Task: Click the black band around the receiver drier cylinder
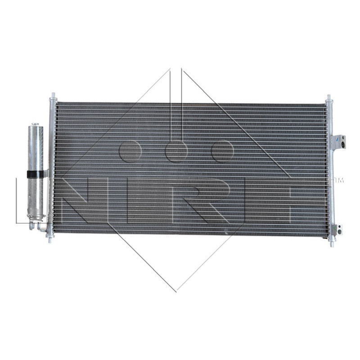click(36, 175)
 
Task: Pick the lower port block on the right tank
click(337, 229)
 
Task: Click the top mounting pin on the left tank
click(53, 96)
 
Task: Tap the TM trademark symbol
click(338, 180)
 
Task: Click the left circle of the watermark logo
click(130, 151)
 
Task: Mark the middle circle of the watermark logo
click(176, 151)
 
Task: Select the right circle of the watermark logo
click(222, 151)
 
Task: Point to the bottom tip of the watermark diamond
click(176, 291)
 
